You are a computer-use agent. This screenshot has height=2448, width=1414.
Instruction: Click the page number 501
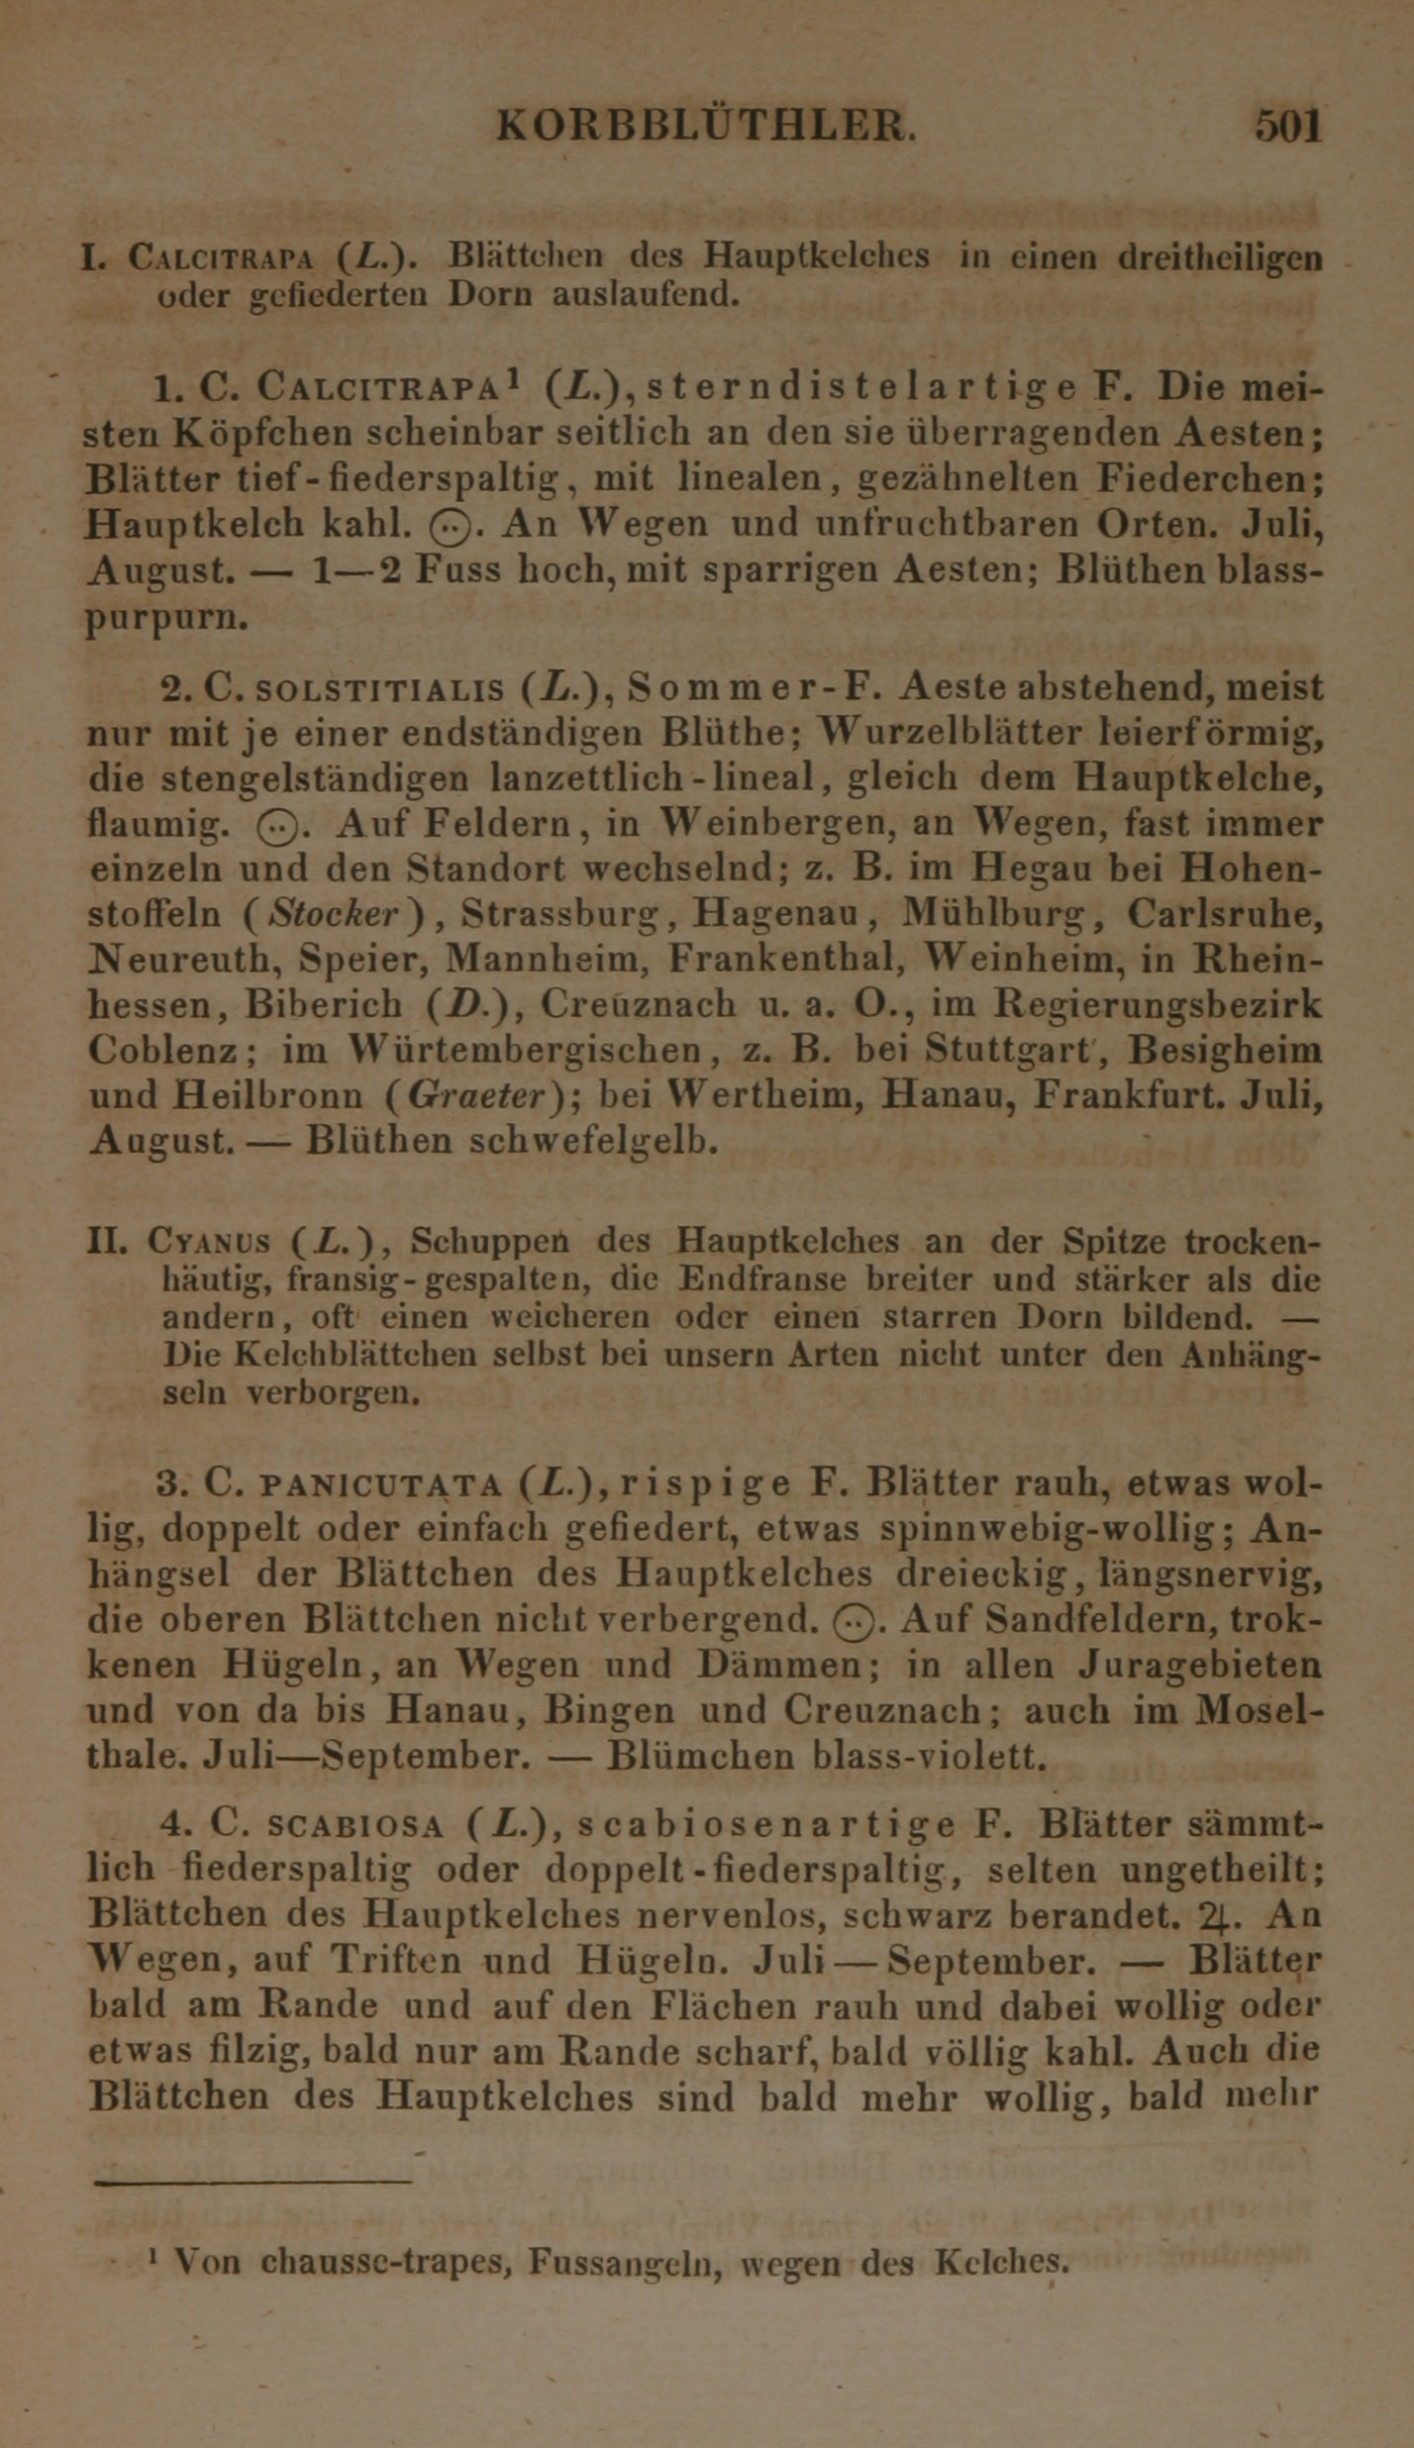pos(1288,127)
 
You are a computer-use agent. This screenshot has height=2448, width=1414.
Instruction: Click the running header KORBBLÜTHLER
pos(706,127)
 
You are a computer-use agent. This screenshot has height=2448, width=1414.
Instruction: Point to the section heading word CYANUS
pos(208,1241)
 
